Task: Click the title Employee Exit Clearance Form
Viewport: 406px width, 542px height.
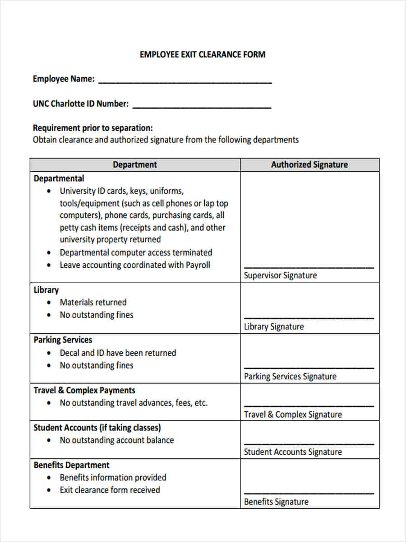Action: click(203, 55)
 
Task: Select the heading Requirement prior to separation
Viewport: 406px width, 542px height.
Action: click(93, 128)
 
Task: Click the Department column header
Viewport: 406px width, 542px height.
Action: click(134, 165)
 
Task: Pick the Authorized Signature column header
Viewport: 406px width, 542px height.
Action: click(309, 165)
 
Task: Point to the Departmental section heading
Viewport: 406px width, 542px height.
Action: click(59, 178)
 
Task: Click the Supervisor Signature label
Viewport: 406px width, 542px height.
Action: click(280, 276)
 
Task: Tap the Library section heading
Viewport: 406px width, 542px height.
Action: click(46, 290)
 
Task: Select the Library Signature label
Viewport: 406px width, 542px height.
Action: click(274, 327)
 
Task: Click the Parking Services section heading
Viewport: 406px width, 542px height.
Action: click(63, 340)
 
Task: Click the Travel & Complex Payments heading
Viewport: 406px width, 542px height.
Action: click(84, 390)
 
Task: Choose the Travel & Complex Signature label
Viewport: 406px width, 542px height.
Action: click(293, 414)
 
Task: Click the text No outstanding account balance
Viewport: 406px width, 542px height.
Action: click(116, 440)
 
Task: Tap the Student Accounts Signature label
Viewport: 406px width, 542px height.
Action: click(293, 452)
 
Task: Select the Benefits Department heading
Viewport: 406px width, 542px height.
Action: click(71, 465)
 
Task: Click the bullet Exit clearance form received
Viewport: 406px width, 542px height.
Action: click(110, 490)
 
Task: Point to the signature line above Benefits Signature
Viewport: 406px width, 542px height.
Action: click(309, 493)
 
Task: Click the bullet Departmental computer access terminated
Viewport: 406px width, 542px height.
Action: click(136, 252)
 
